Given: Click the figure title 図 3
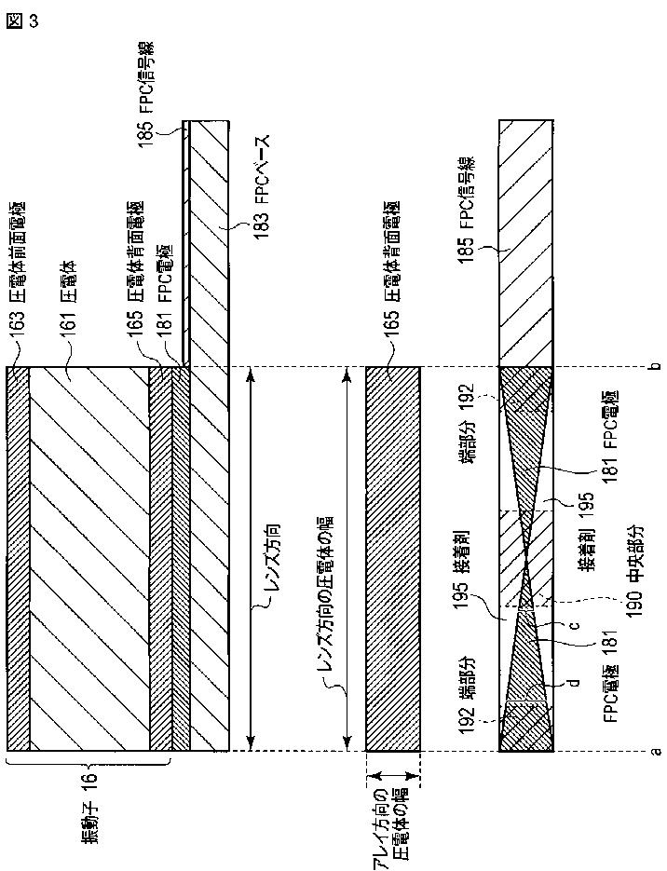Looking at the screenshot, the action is [23, 21].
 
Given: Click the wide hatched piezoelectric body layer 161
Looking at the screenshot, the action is [88, 559].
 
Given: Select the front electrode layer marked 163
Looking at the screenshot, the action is [18, 559].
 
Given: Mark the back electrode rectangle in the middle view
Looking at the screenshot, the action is [393, 559].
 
